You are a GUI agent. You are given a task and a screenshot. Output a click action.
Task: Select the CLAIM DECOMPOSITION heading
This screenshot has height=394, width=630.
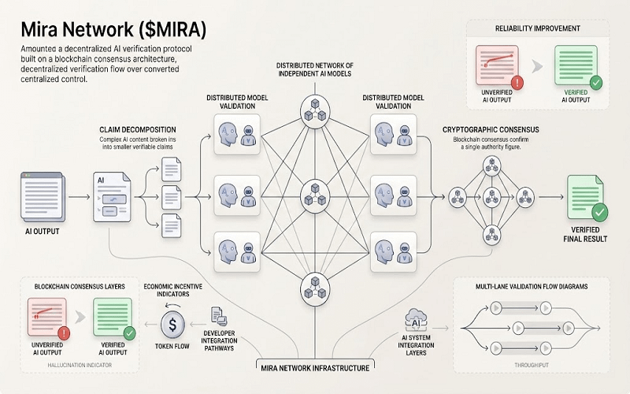point(138,128)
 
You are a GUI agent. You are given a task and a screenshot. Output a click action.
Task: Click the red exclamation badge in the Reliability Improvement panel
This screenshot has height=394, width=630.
point(517,82)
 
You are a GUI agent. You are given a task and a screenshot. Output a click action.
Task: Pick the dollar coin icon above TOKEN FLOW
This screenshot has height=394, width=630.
point(173,323)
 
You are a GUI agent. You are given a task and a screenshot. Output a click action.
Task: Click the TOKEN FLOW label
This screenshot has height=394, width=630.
point(173,345)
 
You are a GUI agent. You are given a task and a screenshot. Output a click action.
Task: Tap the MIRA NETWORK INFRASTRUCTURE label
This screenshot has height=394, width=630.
point(315,366)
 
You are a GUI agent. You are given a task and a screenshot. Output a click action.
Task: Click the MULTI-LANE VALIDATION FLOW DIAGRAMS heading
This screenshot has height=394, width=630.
point(532,288)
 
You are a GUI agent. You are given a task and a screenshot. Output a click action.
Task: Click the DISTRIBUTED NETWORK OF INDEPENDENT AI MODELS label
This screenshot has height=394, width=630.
point(314,69)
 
